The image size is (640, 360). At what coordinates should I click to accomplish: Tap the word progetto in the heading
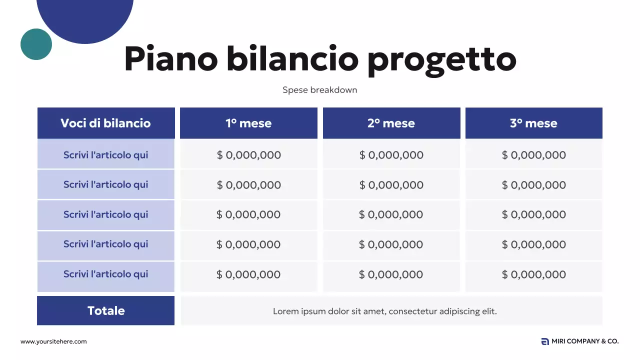(x=441, y=60)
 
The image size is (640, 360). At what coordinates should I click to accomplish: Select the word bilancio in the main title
(x=292, y=59)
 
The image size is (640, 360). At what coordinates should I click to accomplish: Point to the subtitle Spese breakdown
(x=319, y=90)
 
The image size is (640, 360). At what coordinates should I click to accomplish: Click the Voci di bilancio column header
(x=105, y=123)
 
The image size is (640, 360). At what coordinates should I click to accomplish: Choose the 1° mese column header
(x=248, y=123)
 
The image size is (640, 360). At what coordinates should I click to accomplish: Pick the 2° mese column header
(x=391, y=123)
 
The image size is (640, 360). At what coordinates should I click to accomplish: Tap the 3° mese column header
(x=533, y=123)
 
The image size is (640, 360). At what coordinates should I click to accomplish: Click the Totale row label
(x=106, y=310)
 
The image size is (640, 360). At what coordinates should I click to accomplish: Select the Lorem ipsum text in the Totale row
(x=384, y=311)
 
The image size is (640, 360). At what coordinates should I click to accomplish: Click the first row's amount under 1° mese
(x=249, y=155)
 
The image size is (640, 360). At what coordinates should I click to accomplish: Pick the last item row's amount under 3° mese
(x=534, y=274)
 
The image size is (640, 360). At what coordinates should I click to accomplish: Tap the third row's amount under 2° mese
(x=391, y=214)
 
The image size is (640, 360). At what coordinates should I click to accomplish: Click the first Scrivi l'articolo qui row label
(x=105, y=155)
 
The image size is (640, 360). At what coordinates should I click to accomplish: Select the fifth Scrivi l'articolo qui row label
(x=105, y=274)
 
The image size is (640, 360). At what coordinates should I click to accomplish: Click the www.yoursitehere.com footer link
(x=53, y=341)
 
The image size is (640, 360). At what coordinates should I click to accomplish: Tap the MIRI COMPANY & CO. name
(x=585, y=341)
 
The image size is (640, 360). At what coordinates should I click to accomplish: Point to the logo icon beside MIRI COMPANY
(x=545, y=341)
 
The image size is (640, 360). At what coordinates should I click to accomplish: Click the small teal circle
(x=36, y=44)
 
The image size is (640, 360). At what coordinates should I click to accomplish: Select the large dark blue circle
(x=85, y=15)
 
